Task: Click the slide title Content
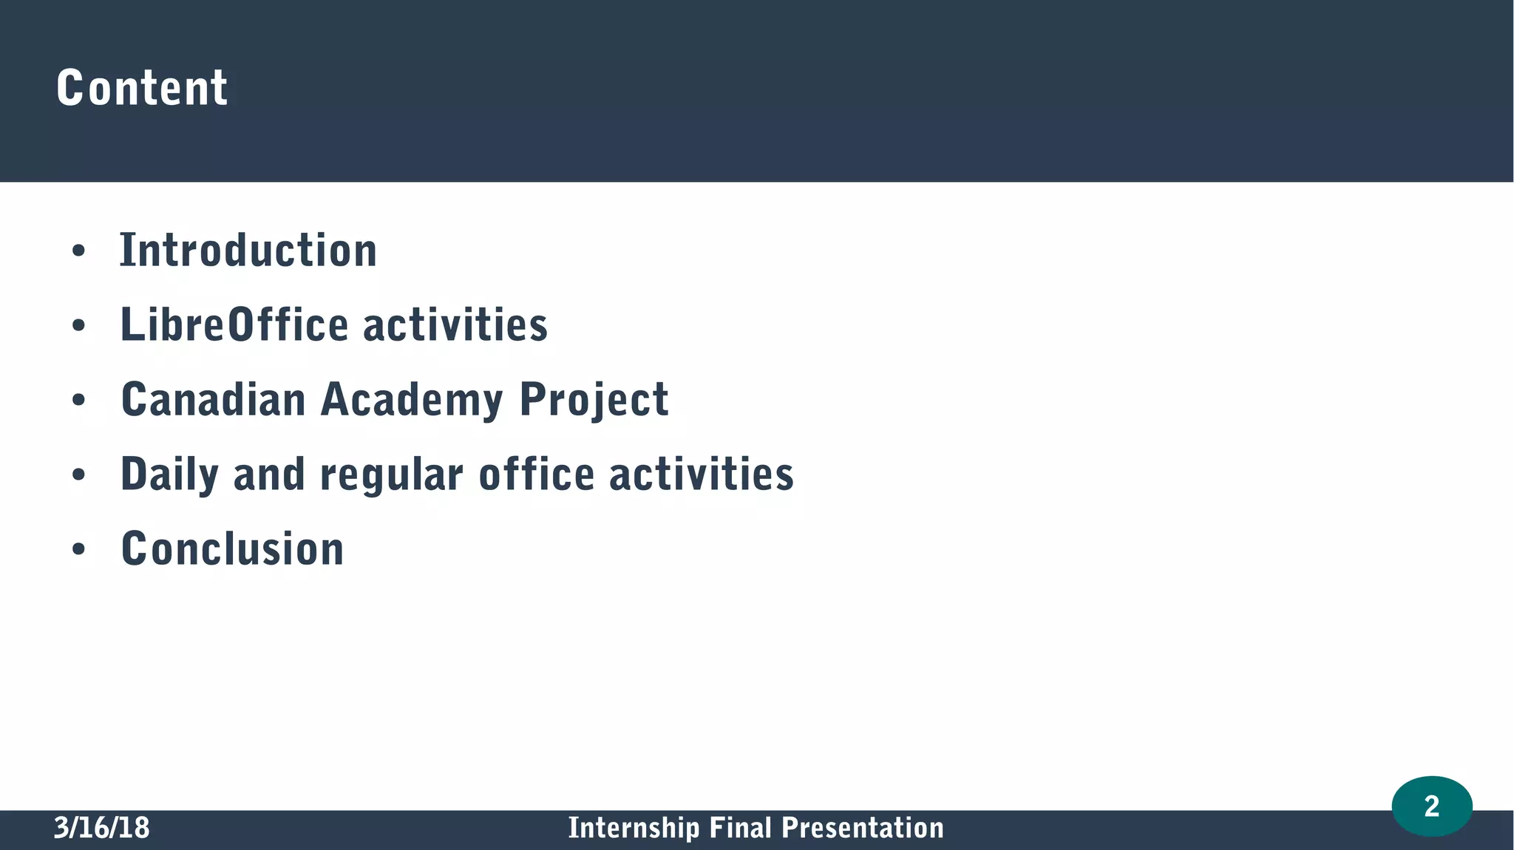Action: pos(142,88)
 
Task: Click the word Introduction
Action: pos(248,251)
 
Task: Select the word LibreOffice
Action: pos(234,325)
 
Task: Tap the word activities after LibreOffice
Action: pos(455,325)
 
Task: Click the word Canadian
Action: pos(213,400)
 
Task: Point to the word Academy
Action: pos(412,400)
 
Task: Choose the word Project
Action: pos(594,400)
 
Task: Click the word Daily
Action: pos(169,475)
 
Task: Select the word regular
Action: pos(392,475)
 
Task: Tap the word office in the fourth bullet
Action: pos(537,475)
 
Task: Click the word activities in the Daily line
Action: pos(702,475)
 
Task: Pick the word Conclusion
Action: pos(232,549)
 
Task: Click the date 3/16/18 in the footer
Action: pos(102,828)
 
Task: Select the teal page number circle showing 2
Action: pos(1431,806)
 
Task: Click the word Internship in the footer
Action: pos(633,828)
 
